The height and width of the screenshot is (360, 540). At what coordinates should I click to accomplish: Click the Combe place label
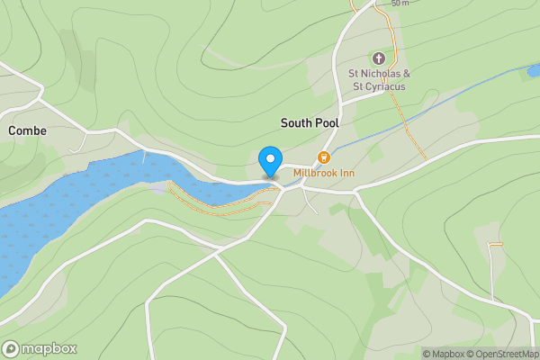pos(27,130)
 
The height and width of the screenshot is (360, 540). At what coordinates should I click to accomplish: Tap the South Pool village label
pos(309,122)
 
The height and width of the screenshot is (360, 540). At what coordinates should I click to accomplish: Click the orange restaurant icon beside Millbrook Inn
pos(325,157)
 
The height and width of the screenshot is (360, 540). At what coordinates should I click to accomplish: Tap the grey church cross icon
pos(379,58)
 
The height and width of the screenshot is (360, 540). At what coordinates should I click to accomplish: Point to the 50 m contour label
pos(400,4)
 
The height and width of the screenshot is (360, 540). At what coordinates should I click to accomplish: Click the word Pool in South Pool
pos(326,122)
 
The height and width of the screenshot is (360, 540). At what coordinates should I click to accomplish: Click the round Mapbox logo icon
pos(12,348)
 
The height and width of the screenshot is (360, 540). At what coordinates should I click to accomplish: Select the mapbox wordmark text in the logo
pos(49,348)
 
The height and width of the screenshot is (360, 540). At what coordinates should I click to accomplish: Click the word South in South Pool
pos(295,122)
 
